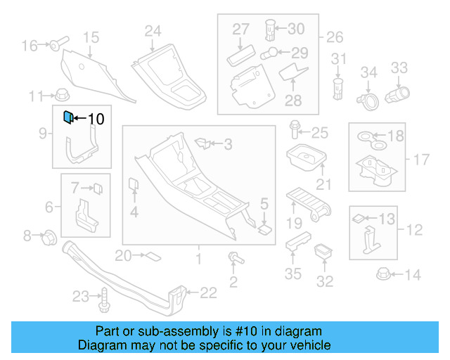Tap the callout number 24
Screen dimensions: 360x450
153,30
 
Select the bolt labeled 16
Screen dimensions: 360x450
56,46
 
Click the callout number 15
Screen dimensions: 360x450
91,37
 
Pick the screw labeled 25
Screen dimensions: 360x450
295,130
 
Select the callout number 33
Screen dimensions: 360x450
399,67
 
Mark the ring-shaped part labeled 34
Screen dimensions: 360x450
367,102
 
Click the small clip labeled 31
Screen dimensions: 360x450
338,86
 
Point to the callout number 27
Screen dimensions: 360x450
240,29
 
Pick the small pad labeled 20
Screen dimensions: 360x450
151,255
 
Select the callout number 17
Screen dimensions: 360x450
420,160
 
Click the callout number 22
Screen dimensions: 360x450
210,293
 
